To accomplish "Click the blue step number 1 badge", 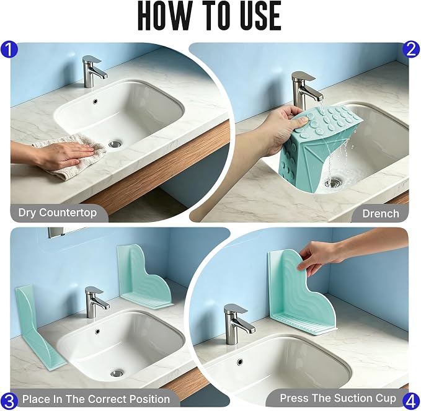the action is coord(9,50).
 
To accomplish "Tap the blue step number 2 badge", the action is coord(411,50).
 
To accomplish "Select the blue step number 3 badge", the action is coord(9,401).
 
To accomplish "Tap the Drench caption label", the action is coord(381,214).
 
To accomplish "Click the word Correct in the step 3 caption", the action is coord(109,399).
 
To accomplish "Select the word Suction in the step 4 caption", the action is coord(347,398).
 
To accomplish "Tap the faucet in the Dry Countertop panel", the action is coord(93,71).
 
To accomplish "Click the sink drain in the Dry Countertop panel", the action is coord(115,144).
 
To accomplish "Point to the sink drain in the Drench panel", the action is coord(334,182).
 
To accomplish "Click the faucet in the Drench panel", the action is coord(306,91).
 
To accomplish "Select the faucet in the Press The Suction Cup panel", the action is coord(237,324).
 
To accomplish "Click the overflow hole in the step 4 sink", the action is coord(240,361).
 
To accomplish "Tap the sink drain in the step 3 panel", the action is coord(117,373).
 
